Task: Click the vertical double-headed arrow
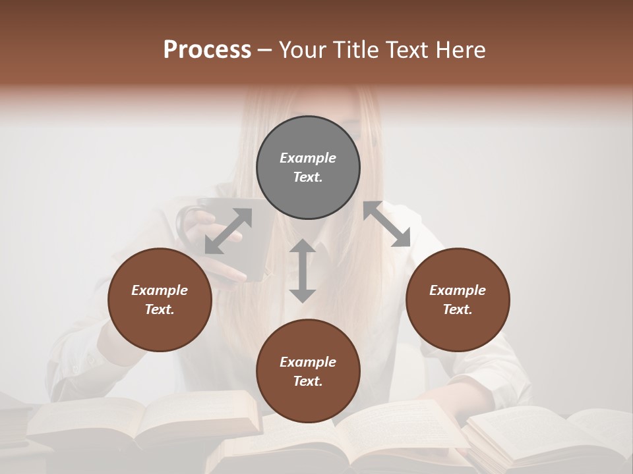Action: pos(303,271)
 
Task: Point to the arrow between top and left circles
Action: pos(228,230)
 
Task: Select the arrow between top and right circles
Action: pos(387,224)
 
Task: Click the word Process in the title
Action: pos(207,49)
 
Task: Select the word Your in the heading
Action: pos(303,49)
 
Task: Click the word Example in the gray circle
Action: pos(308,158)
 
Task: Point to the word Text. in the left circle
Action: pos(160,309)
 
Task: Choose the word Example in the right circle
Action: pos(458,290)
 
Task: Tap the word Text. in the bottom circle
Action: pos(308,381)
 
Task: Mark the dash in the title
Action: pos(265,51)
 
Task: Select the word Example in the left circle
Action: pos(160,290)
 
